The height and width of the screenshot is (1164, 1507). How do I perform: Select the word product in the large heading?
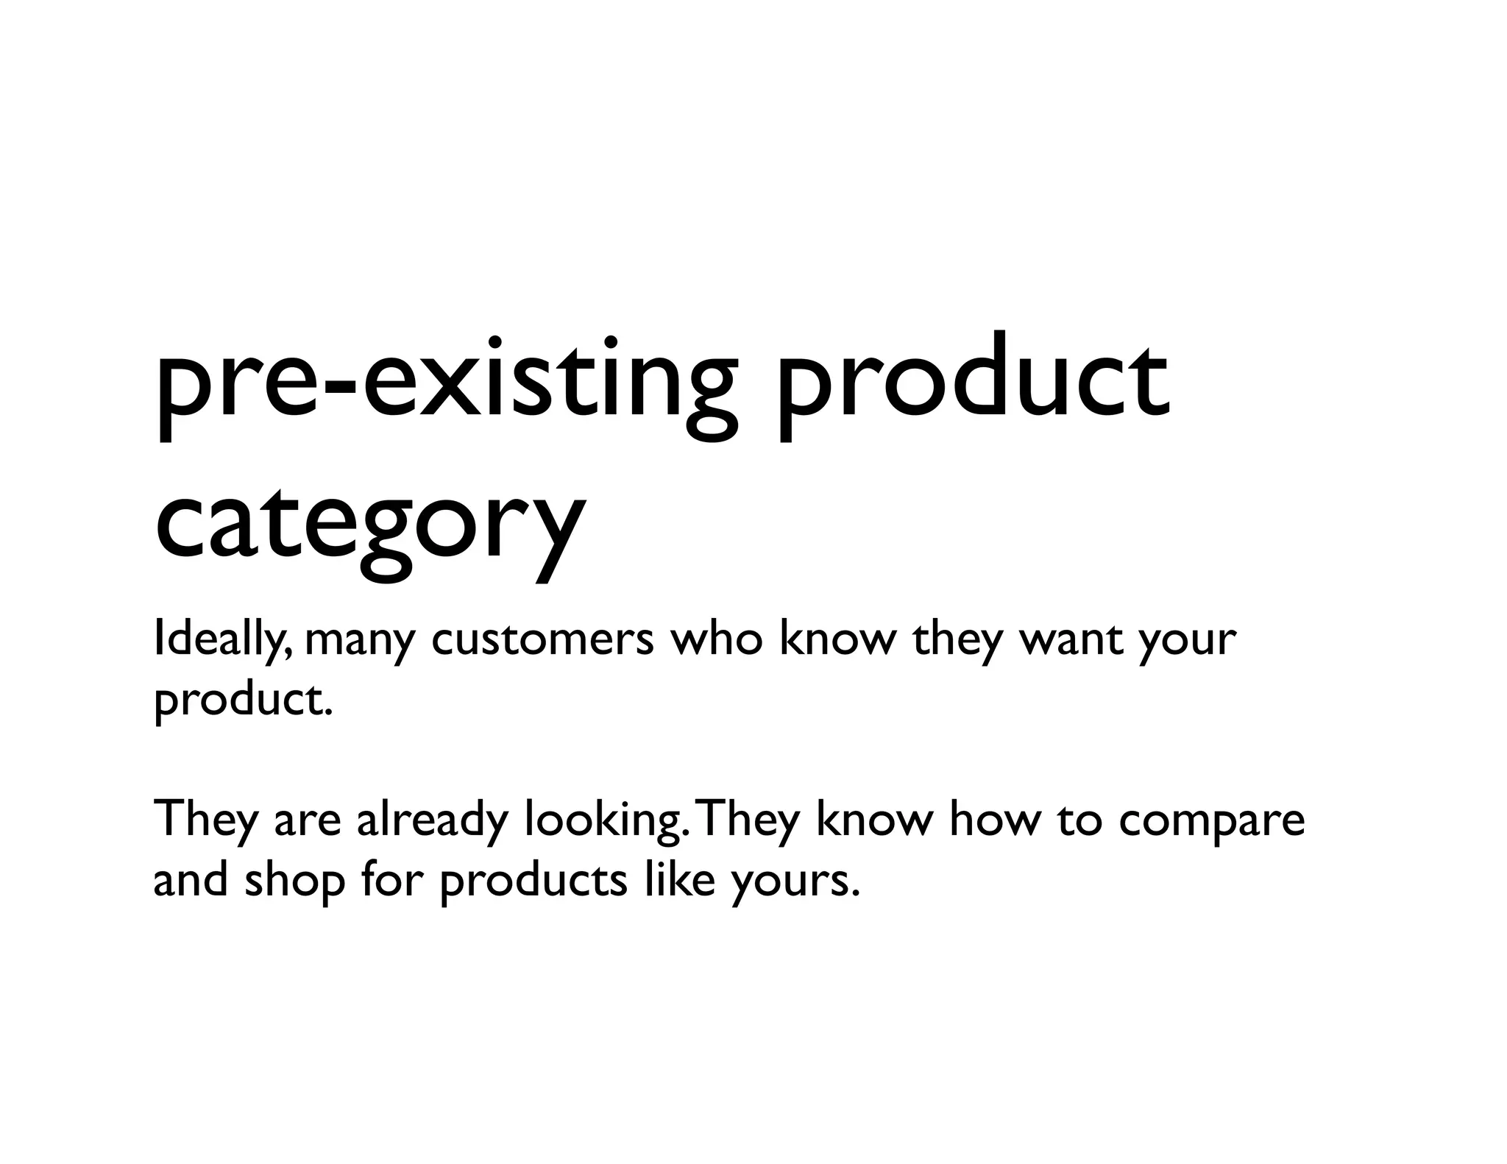[x=971, y=386]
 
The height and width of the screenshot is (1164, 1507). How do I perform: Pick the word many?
[x=360, y=641]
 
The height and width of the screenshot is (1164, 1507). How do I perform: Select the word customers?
[x=542, y=639]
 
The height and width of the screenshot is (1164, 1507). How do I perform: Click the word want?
[x=1070, y=639]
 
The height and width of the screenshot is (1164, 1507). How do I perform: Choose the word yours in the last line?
[x=795, y=883]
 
